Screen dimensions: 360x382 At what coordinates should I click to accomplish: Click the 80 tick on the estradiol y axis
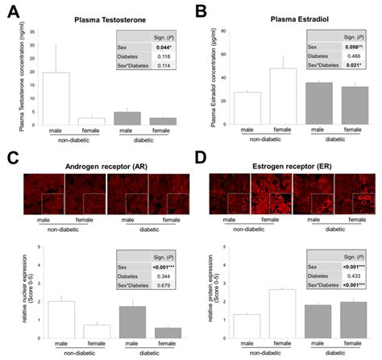click(x=222, y=31)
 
